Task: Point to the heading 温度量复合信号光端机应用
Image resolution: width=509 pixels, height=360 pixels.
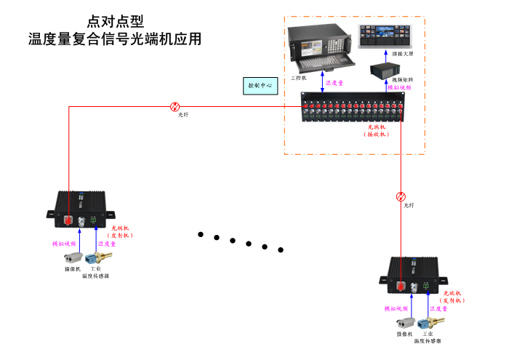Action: click(x=114, y=39)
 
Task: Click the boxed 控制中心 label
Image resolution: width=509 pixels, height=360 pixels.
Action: click(x=260, y=85)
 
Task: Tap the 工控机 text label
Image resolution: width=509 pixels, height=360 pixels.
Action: click(x=298, y=77)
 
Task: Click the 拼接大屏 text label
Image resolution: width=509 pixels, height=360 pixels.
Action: click(x=401, y=54)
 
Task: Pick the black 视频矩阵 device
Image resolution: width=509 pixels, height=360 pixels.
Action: click(x=384, y=70)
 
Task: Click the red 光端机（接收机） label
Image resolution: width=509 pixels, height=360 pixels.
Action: click(x=377, y=131)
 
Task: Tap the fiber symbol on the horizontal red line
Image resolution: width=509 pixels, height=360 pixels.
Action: click(x=175, y=106)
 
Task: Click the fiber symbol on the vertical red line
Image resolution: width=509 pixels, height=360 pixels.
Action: click(x=401, y=196)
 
